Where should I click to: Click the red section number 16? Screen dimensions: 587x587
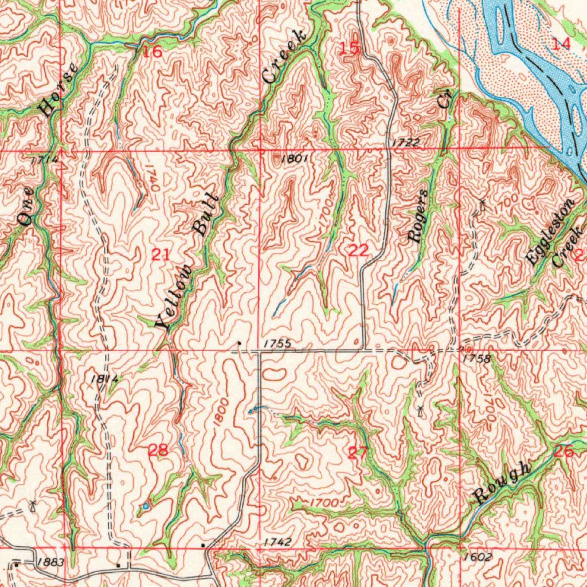(x=152, y=52)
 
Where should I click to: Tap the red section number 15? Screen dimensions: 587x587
(x=349, y=49)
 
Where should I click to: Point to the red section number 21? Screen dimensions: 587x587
(x=161, y=255)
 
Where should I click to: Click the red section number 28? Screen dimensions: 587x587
(x=158, y=451)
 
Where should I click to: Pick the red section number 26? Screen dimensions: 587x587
(x=564, y=452)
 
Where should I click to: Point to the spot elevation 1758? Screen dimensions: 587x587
(x=477, y=358)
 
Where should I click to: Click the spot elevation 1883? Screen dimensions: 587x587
(x=53, y=562)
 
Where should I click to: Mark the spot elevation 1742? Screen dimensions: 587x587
(x=278, y=542)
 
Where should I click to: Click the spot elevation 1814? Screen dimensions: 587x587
(x=104, y=378)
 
